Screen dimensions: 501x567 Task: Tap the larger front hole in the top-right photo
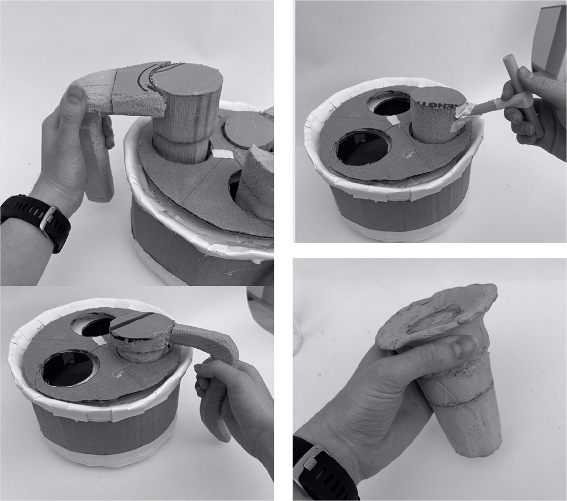(362, 149)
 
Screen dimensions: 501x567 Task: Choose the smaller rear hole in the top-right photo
(389, 104)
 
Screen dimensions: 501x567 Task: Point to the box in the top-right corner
(550, 40)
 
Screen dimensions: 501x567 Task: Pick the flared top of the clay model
(437, 312)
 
